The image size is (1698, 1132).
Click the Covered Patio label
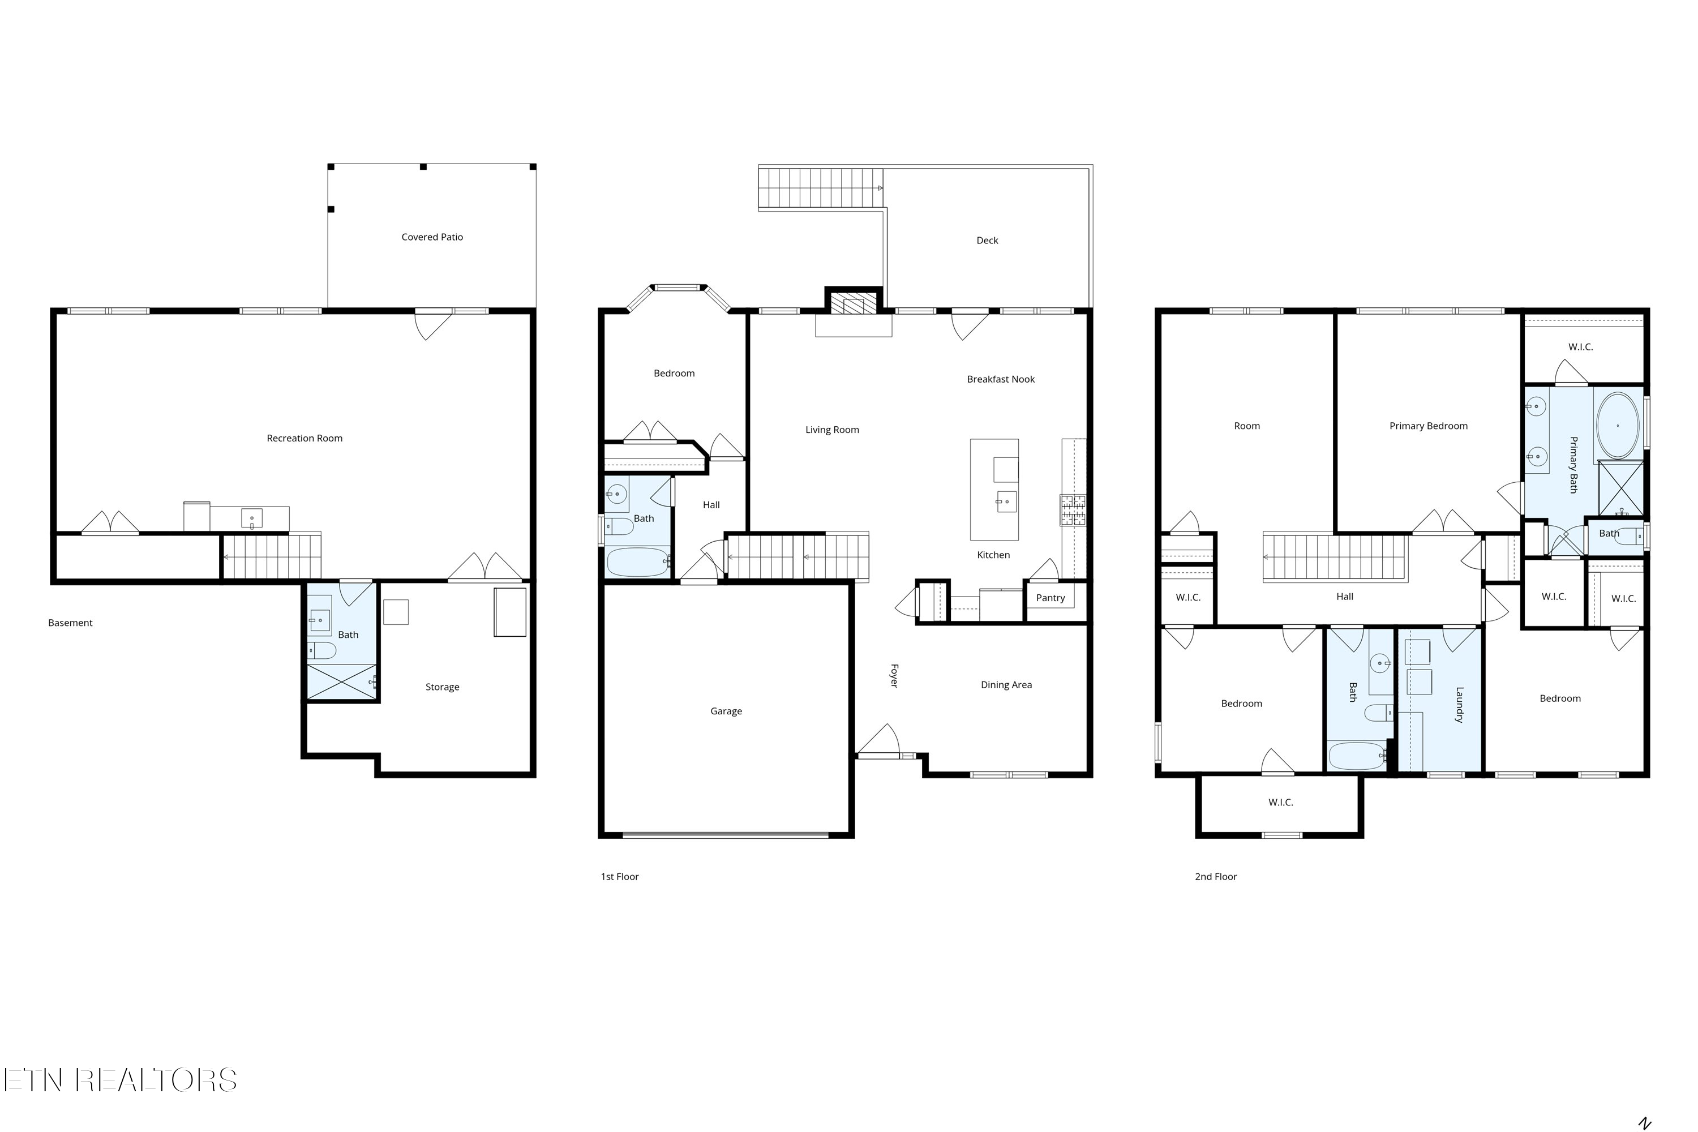coord(432,237)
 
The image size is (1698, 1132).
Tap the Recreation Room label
coord(304,438)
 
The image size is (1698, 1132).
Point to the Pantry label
coord(1050,598)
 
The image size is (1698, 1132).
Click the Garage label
coord(726,711)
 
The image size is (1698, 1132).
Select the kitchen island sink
coord(1006,501)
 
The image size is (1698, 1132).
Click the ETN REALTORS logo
coord(121,1080)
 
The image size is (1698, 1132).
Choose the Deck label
coord(987,241)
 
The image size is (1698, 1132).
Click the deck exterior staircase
coord(821,188)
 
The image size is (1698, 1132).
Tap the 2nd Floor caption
coord(1215,876)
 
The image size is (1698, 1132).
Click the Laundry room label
coord(1459,705)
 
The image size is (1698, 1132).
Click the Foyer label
coord(894,676)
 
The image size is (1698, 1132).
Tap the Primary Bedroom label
coord(1428,426)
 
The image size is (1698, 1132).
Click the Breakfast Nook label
coord(1001,379)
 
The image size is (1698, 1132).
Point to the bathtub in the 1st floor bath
coord(637,561)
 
